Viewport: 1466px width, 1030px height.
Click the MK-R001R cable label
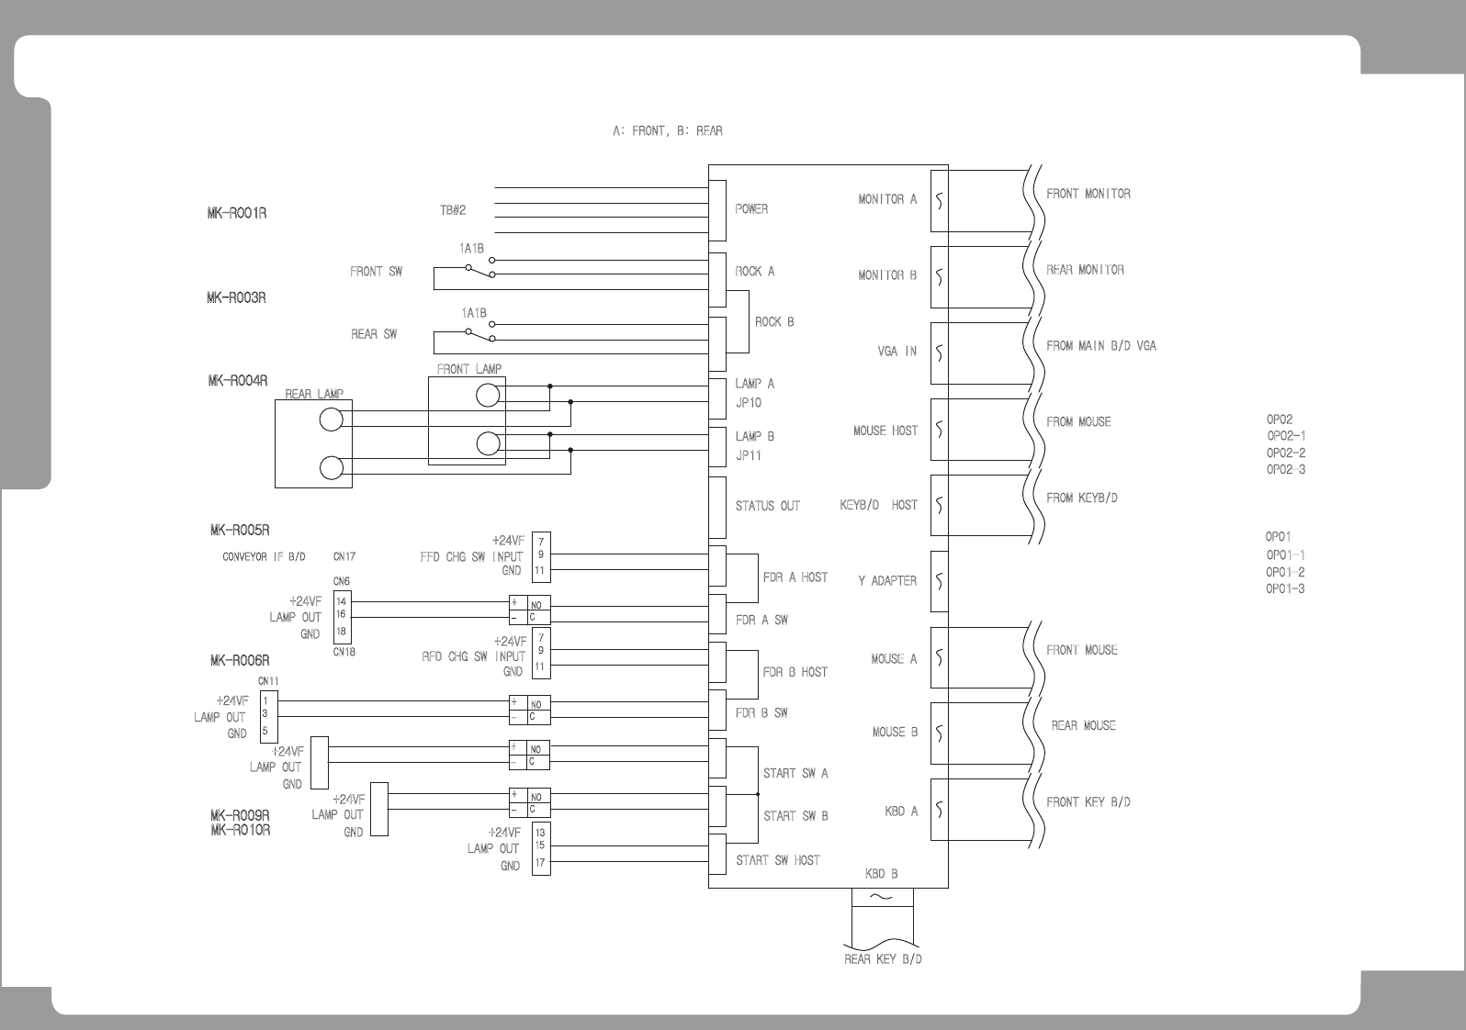click(x=237, y=214)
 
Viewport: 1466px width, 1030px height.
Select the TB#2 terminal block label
click(x=453, y=210)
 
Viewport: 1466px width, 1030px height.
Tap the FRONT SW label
click(x=376, y=272)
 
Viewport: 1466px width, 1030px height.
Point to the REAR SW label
click(x=374, y=334)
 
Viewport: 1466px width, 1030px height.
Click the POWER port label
click(x=751, y=209)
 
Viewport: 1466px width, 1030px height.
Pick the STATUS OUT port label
click(x=767, y=506)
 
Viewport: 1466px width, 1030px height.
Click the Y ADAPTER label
click(x=887, y=581)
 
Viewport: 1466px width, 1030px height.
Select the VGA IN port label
click(x=897, y=352)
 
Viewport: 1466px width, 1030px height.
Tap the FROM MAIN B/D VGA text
click(x=1101, y=346)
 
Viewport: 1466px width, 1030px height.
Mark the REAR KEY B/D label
click(x=883, y=959)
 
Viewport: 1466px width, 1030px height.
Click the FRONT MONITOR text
click(x=1088, y=194)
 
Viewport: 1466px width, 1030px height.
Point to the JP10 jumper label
click(x=748, y=403)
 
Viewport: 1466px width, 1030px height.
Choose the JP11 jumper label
click(x=748, y=456)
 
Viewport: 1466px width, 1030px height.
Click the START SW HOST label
click(x=778, y=860)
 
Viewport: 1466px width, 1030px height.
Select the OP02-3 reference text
click(x=1286, y=470)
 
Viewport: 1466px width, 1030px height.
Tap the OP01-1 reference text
click(x=1285, y=554)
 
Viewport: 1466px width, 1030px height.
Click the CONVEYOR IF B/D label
click(x=264, y=557)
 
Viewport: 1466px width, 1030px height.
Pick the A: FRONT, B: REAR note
click(x=668, y=131)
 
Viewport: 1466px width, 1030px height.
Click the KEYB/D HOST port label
click(x=878, y=505)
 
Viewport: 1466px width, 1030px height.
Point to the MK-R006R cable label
click(x=240, y=661)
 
